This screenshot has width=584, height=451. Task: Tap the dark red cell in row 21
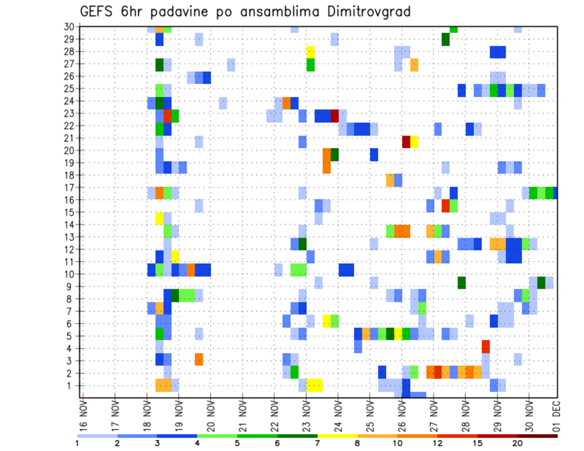click(x=406, y=142)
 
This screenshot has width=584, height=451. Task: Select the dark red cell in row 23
click(x=335, y=115)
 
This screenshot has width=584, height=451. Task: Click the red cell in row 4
click(x=486, y=346)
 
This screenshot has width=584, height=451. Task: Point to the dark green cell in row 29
click(x=445, y=40)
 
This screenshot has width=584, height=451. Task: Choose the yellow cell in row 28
click(x=310, y=52)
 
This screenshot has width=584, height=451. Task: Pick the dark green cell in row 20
click(x=335, y=154)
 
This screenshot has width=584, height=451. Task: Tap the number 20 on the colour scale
click(x=517, y=442)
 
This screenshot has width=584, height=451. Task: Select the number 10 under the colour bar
click(x=397, y=442)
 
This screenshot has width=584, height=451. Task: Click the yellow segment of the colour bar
click(x=338, y=436)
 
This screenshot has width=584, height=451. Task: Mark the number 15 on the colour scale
click(x=477, y=442)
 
